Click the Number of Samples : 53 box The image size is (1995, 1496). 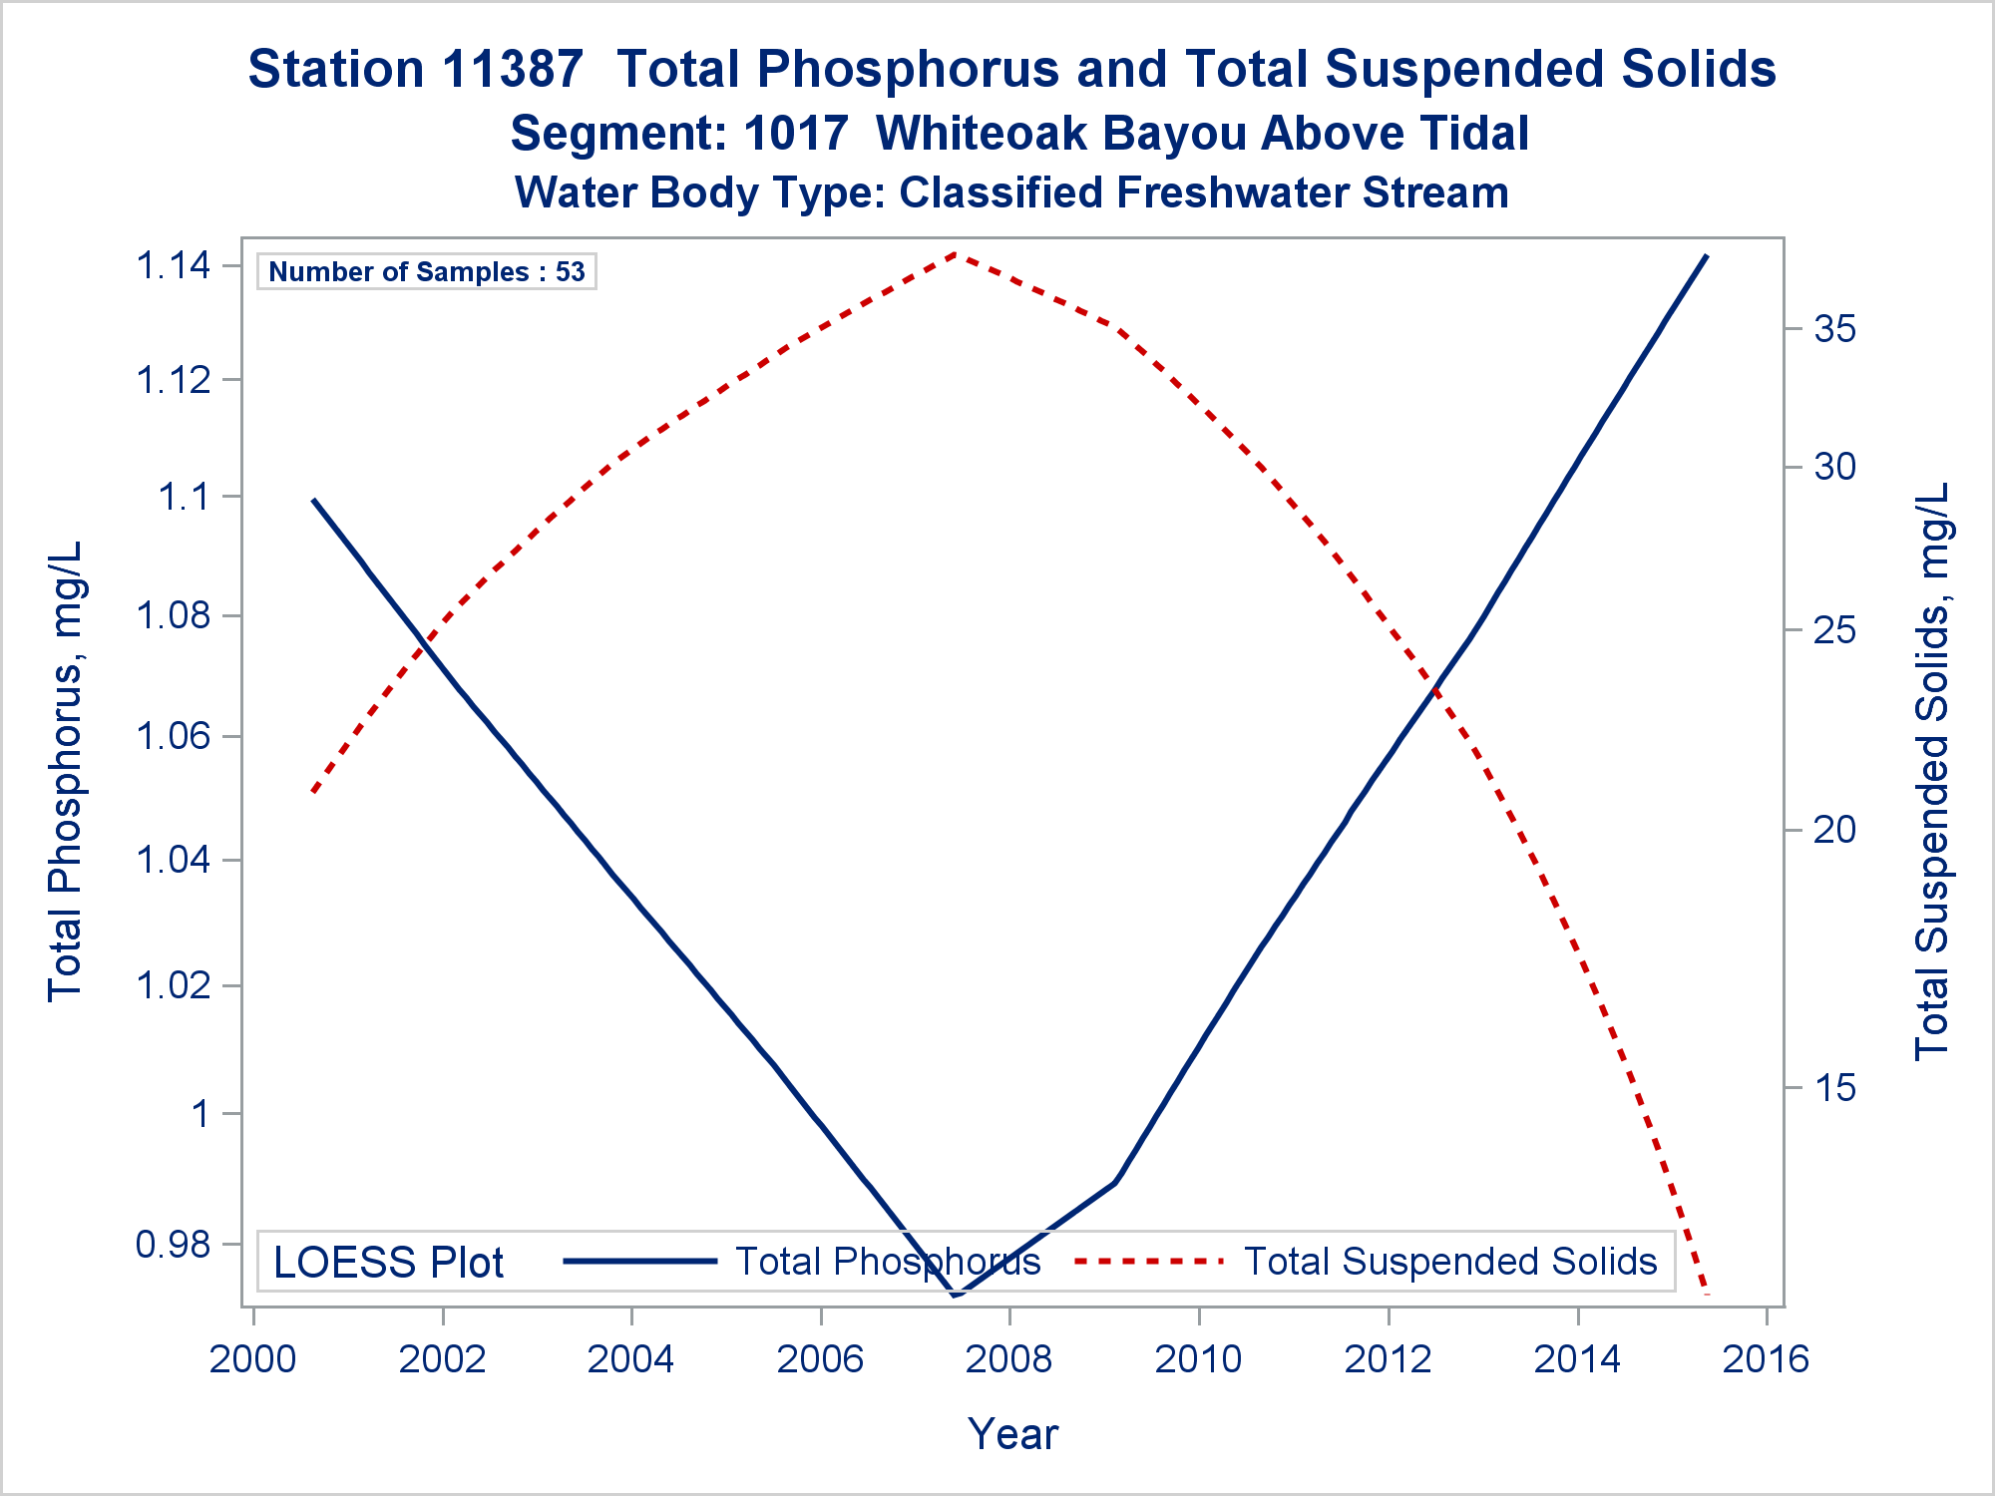click(427, 271)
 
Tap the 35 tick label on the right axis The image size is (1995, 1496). click(1835, 329)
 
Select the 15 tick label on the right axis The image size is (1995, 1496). click(1835, 1087)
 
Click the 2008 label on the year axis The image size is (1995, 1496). click(1009, 1359)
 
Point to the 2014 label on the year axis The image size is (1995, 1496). click(1577, 1359)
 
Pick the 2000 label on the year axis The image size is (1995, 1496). click(253, 1359)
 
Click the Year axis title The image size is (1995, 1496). click(1012, 1434)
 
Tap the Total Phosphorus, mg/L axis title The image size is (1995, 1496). click(66, 772)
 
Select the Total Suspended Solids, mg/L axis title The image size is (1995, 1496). click(1932, 772)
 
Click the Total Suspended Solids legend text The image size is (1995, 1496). click(1450, 1262)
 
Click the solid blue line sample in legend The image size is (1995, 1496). click(640, 1262)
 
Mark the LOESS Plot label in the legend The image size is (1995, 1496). click(389, 1263)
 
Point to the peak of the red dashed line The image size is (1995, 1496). click(956, 253)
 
